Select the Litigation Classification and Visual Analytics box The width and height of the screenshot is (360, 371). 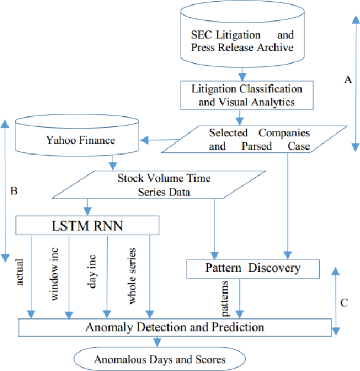(x=246, y=95)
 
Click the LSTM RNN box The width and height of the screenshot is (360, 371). (x=88, y=225)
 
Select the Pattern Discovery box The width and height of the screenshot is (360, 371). (x=253, y=268)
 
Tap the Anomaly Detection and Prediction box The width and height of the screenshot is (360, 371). (x=175, y=327)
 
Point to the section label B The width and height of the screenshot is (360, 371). (x=14, y=191)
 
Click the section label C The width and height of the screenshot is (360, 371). (x=344, y=301)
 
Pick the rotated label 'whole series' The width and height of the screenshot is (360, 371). (x=132, y=276)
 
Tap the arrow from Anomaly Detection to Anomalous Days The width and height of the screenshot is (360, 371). (x=157, y=342)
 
